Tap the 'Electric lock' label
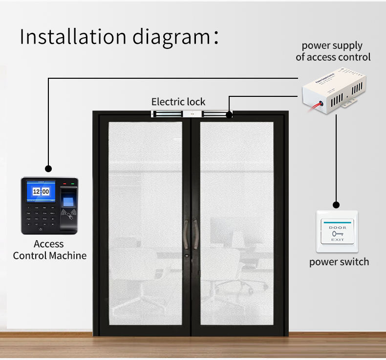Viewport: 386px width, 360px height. tap(178, 102)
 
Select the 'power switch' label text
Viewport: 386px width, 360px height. tap(339, 262)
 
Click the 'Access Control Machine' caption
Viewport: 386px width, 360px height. tap(49, 249)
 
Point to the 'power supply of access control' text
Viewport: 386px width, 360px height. tap(333, 51)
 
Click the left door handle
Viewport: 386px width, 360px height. tap(186, 235)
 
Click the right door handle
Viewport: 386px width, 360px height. tap(196, 235)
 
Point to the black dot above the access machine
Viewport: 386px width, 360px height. tap(48, 169)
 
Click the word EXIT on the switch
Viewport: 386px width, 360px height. tap(337, 240)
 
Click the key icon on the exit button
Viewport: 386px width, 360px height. tap(337, 233)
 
